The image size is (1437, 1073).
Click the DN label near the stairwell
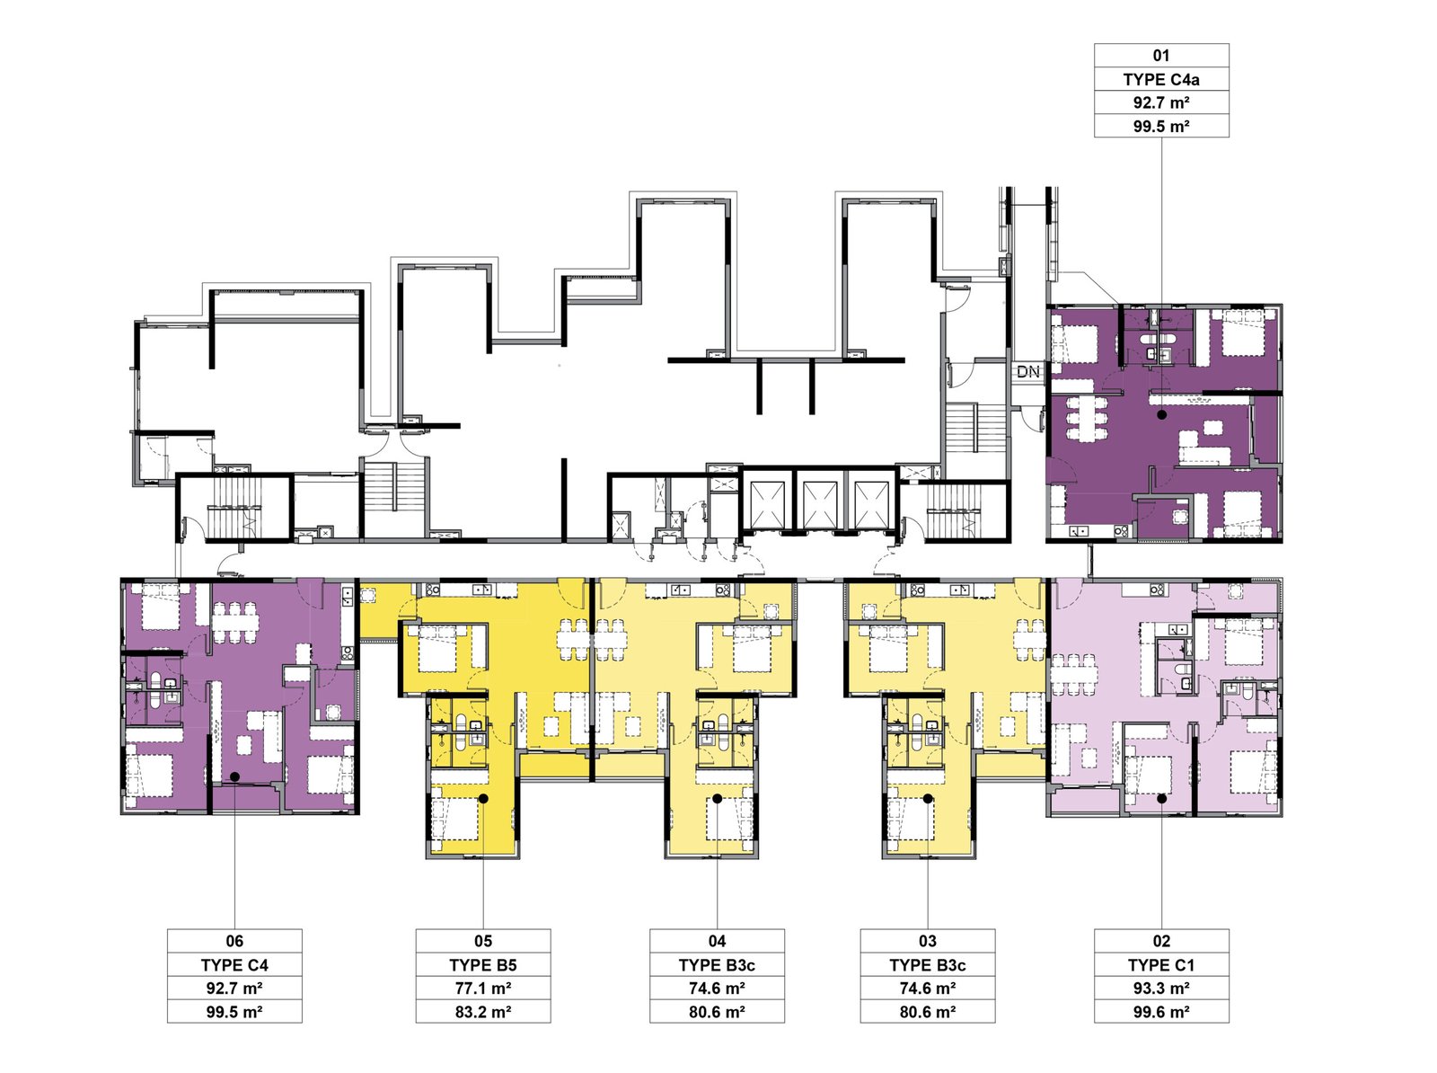1027,371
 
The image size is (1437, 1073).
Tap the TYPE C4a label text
1161,79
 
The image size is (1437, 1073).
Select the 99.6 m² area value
1161,1012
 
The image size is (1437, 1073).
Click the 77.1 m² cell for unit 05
483,988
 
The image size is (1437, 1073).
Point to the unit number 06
234,941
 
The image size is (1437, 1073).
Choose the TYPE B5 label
483,965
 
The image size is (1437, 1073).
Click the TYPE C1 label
1161,965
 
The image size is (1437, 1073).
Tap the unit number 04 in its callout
717,941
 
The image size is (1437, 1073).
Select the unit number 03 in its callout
928,941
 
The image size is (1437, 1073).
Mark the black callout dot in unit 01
1162,414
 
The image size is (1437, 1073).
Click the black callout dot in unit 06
234,776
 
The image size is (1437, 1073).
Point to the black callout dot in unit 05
483,798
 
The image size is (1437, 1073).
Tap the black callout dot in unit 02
1162,799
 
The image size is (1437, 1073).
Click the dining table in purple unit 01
1086,418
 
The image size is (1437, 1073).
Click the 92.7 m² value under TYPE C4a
1161,102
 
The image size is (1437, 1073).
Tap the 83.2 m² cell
483,1012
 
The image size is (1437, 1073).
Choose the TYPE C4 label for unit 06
234,965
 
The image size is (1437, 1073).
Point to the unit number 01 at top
1161,56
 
